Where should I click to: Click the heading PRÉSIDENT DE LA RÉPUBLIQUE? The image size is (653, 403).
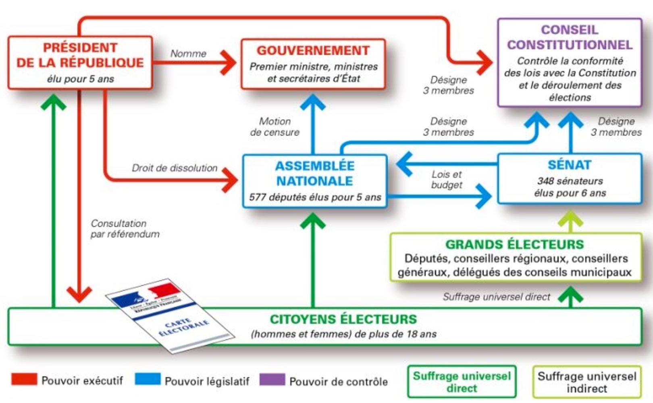(80, 55)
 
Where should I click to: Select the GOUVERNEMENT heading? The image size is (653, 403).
(313, 50)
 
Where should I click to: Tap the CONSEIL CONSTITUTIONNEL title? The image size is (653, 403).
(570, 37)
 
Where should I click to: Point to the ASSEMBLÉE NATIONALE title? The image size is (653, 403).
(314, 173)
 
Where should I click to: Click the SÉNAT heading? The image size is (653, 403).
(570, 165)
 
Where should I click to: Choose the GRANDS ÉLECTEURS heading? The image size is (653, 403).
(514, 244)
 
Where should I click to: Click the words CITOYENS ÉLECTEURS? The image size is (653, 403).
(343, 319)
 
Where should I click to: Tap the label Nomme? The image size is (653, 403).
(188, 53)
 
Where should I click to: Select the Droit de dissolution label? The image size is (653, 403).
(175, 168)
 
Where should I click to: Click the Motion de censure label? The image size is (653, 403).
(275, 126)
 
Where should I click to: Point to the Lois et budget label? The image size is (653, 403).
(447, 179)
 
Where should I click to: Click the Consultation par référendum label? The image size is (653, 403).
(125, 229)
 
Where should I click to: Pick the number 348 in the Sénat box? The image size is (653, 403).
(545, 181)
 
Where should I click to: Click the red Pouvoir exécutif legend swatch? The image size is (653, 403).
(24, 379)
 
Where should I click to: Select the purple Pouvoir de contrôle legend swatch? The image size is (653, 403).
(272, 379)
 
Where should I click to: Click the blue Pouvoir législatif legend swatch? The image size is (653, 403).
(148, 379)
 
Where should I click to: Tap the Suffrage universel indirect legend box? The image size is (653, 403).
(586, 382)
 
